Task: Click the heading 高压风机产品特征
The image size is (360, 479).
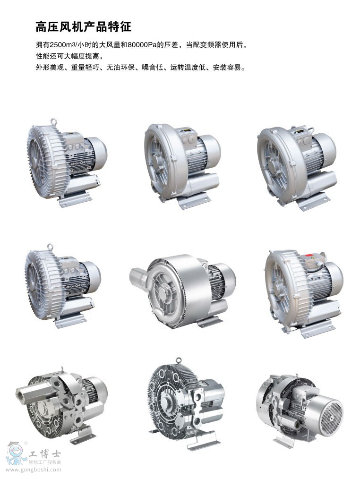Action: point(84,27)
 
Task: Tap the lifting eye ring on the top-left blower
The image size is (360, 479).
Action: point(54,121)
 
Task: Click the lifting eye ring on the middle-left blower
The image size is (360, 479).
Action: point(51,247)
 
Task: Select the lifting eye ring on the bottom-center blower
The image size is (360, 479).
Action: point(179,361)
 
